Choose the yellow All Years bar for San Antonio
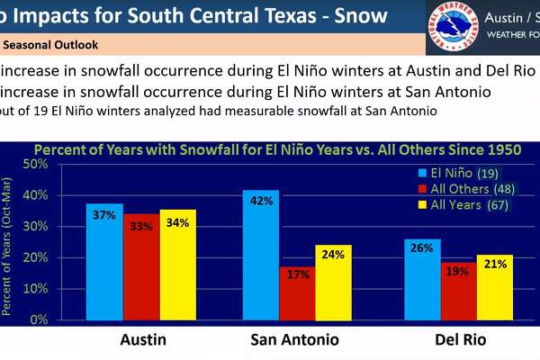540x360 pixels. (x=333, y=283)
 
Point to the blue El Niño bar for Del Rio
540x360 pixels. (x=423, y=279)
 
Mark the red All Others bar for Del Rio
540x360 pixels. (x=459, y=291)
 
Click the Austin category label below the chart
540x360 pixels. (x=143, y=340)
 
